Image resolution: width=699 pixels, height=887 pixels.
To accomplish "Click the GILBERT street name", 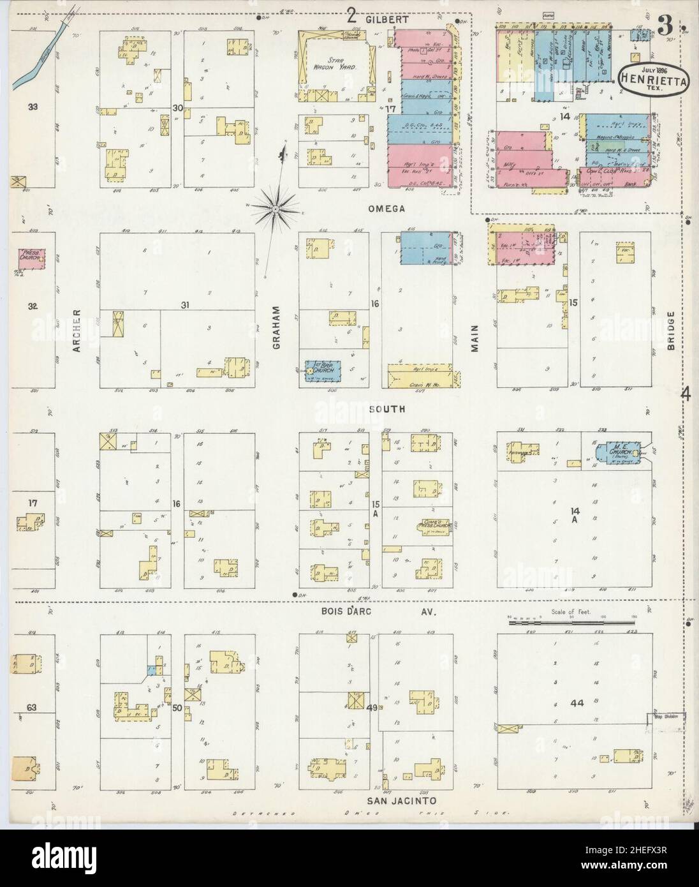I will point(386,20).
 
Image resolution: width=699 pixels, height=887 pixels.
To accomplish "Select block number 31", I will point(186,305).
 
